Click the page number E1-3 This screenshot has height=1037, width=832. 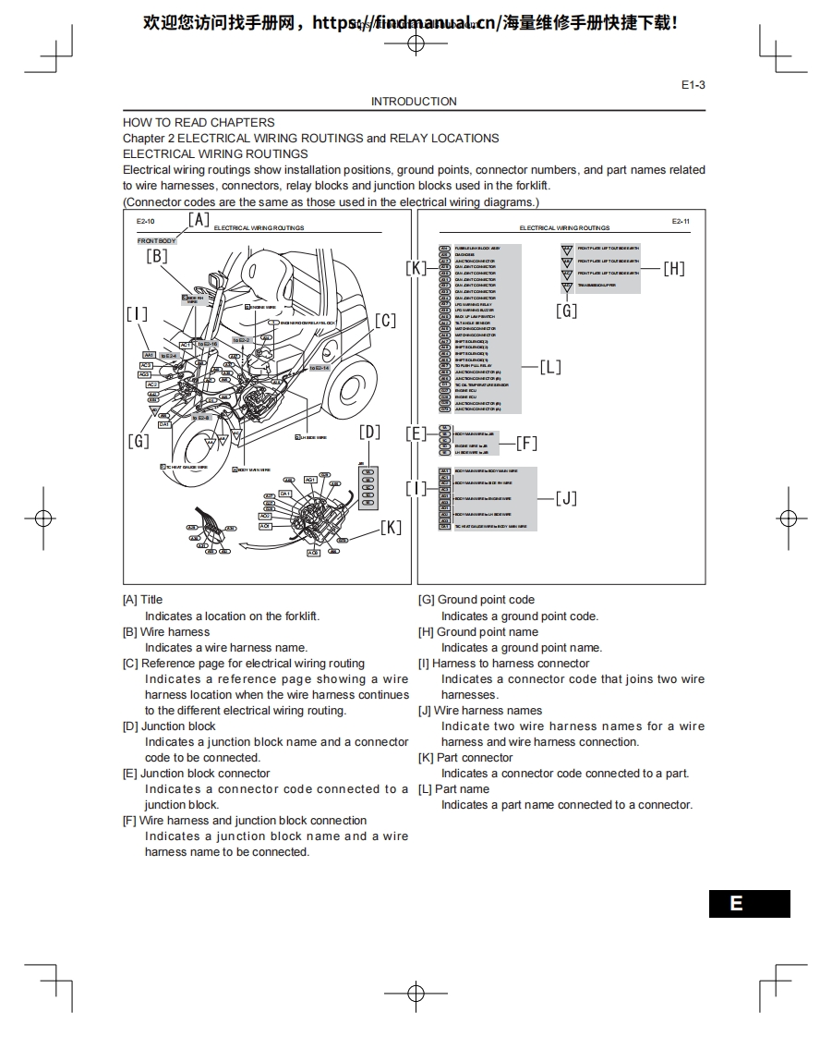coord(693,85)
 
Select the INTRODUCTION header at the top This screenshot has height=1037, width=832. coord(414,102)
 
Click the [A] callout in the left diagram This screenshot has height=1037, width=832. coord(199,219)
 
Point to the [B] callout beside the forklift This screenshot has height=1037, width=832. coord(157,257)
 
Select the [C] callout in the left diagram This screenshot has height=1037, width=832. coord(385,321)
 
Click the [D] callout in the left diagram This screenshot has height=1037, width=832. coord(369,432)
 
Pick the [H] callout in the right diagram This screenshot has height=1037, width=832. coord(674,269)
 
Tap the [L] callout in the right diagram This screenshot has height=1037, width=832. coord(550,367)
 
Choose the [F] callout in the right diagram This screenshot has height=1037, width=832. coord(526,443)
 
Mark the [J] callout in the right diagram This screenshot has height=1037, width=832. coord(566,499)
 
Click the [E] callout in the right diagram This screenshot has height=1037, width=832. coord(416,433)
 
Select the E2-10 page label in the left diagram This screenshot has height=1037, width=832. coord(146,222)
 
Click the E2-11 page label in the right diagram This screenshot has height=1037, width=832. coord(681,222)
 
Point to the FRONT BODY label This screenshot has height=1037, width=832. coord(156,241)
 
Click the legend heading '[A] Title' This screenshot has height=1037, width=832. coord(142,600)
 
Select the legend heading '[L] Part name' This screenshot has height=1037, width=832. coord(453,789)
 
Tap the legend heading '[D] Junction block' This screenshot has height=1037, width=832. coord(169,726)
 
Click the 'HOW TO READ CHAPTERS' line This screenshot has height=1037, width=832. coord(199,122)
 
